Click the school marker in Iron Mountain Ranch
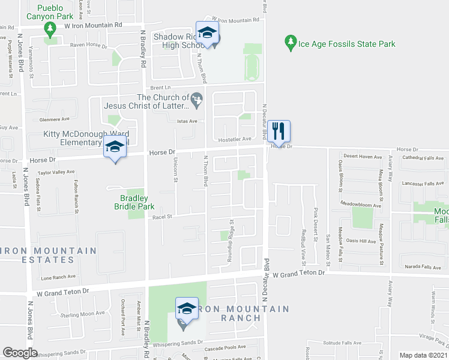(x=187, y=310)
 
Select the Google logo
(x=20, y=353)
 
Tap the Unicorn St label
(x=176, y=169)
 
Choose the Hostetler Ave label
(x=234, y=139)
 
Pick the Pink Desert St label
(x=315, y=221)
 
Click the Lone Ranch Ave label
(x=59, y=277)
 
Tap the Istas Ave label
(x=186, y=121)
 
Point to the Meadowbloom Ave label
(x=361, y=205)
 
